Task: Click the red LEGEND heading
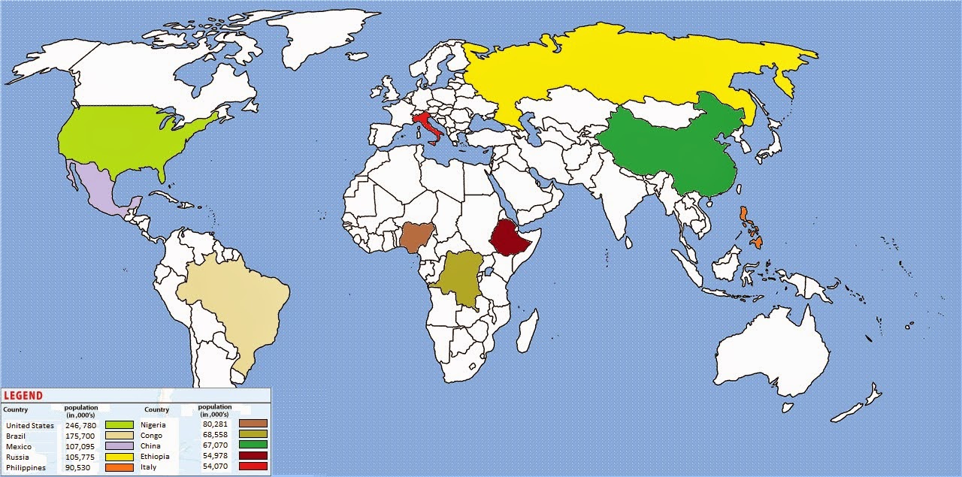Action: point(23,396)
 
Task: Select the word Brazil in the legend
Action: point(16,436)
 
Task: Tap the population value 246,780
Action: point(81,426)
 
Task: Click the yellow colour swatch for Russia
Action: point(119,457)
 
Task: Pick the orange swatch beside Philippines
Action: point(119,467)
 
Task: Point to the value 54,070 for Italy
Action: point(215,466)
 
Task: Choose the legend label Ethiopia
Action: point(155,457)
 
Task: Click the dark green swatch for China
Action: point(253,445)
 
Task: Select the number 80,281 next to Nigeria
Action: point(215,424)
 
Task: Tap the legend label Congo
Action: point(151,436)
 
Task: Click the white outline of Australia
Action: point(774,353)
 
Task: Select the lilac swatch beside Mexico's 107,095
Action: point(119,446)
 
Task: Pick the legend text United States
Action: point(30,426)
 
